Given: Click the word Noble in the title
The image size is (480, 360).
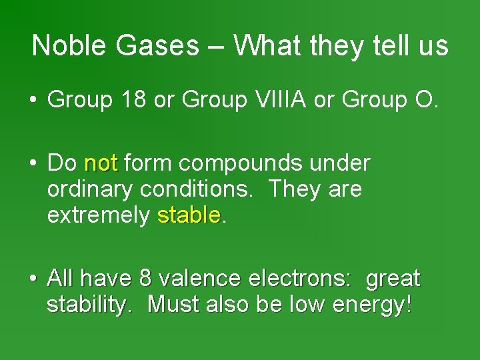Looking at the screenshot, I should [61, 46].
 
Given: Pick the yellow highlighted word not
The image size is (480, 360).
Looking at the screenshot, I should [101, 163].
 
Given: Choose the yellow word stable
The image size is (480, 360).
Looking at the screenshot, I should [188, 215].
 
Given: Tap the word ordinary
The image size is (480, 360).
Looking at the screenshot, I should [91, 189].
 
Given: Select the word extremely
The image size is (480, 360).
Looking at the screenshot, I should [99, 215].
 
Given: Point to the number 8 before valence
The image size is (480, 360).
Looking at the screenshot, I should [145, 278].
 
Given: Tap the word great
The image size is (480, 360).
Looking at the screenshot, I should [393, 278].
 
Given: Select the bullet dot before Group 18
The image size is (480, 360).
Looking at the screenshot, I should [33, 100].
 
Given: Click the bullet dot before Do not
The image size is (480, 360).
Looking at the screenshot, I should [33, 163].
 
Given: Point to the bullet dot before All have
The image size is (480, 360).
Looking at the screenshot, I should [33, 279].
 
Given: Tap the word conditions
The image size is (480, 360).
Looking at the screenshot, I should [197, 189].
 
